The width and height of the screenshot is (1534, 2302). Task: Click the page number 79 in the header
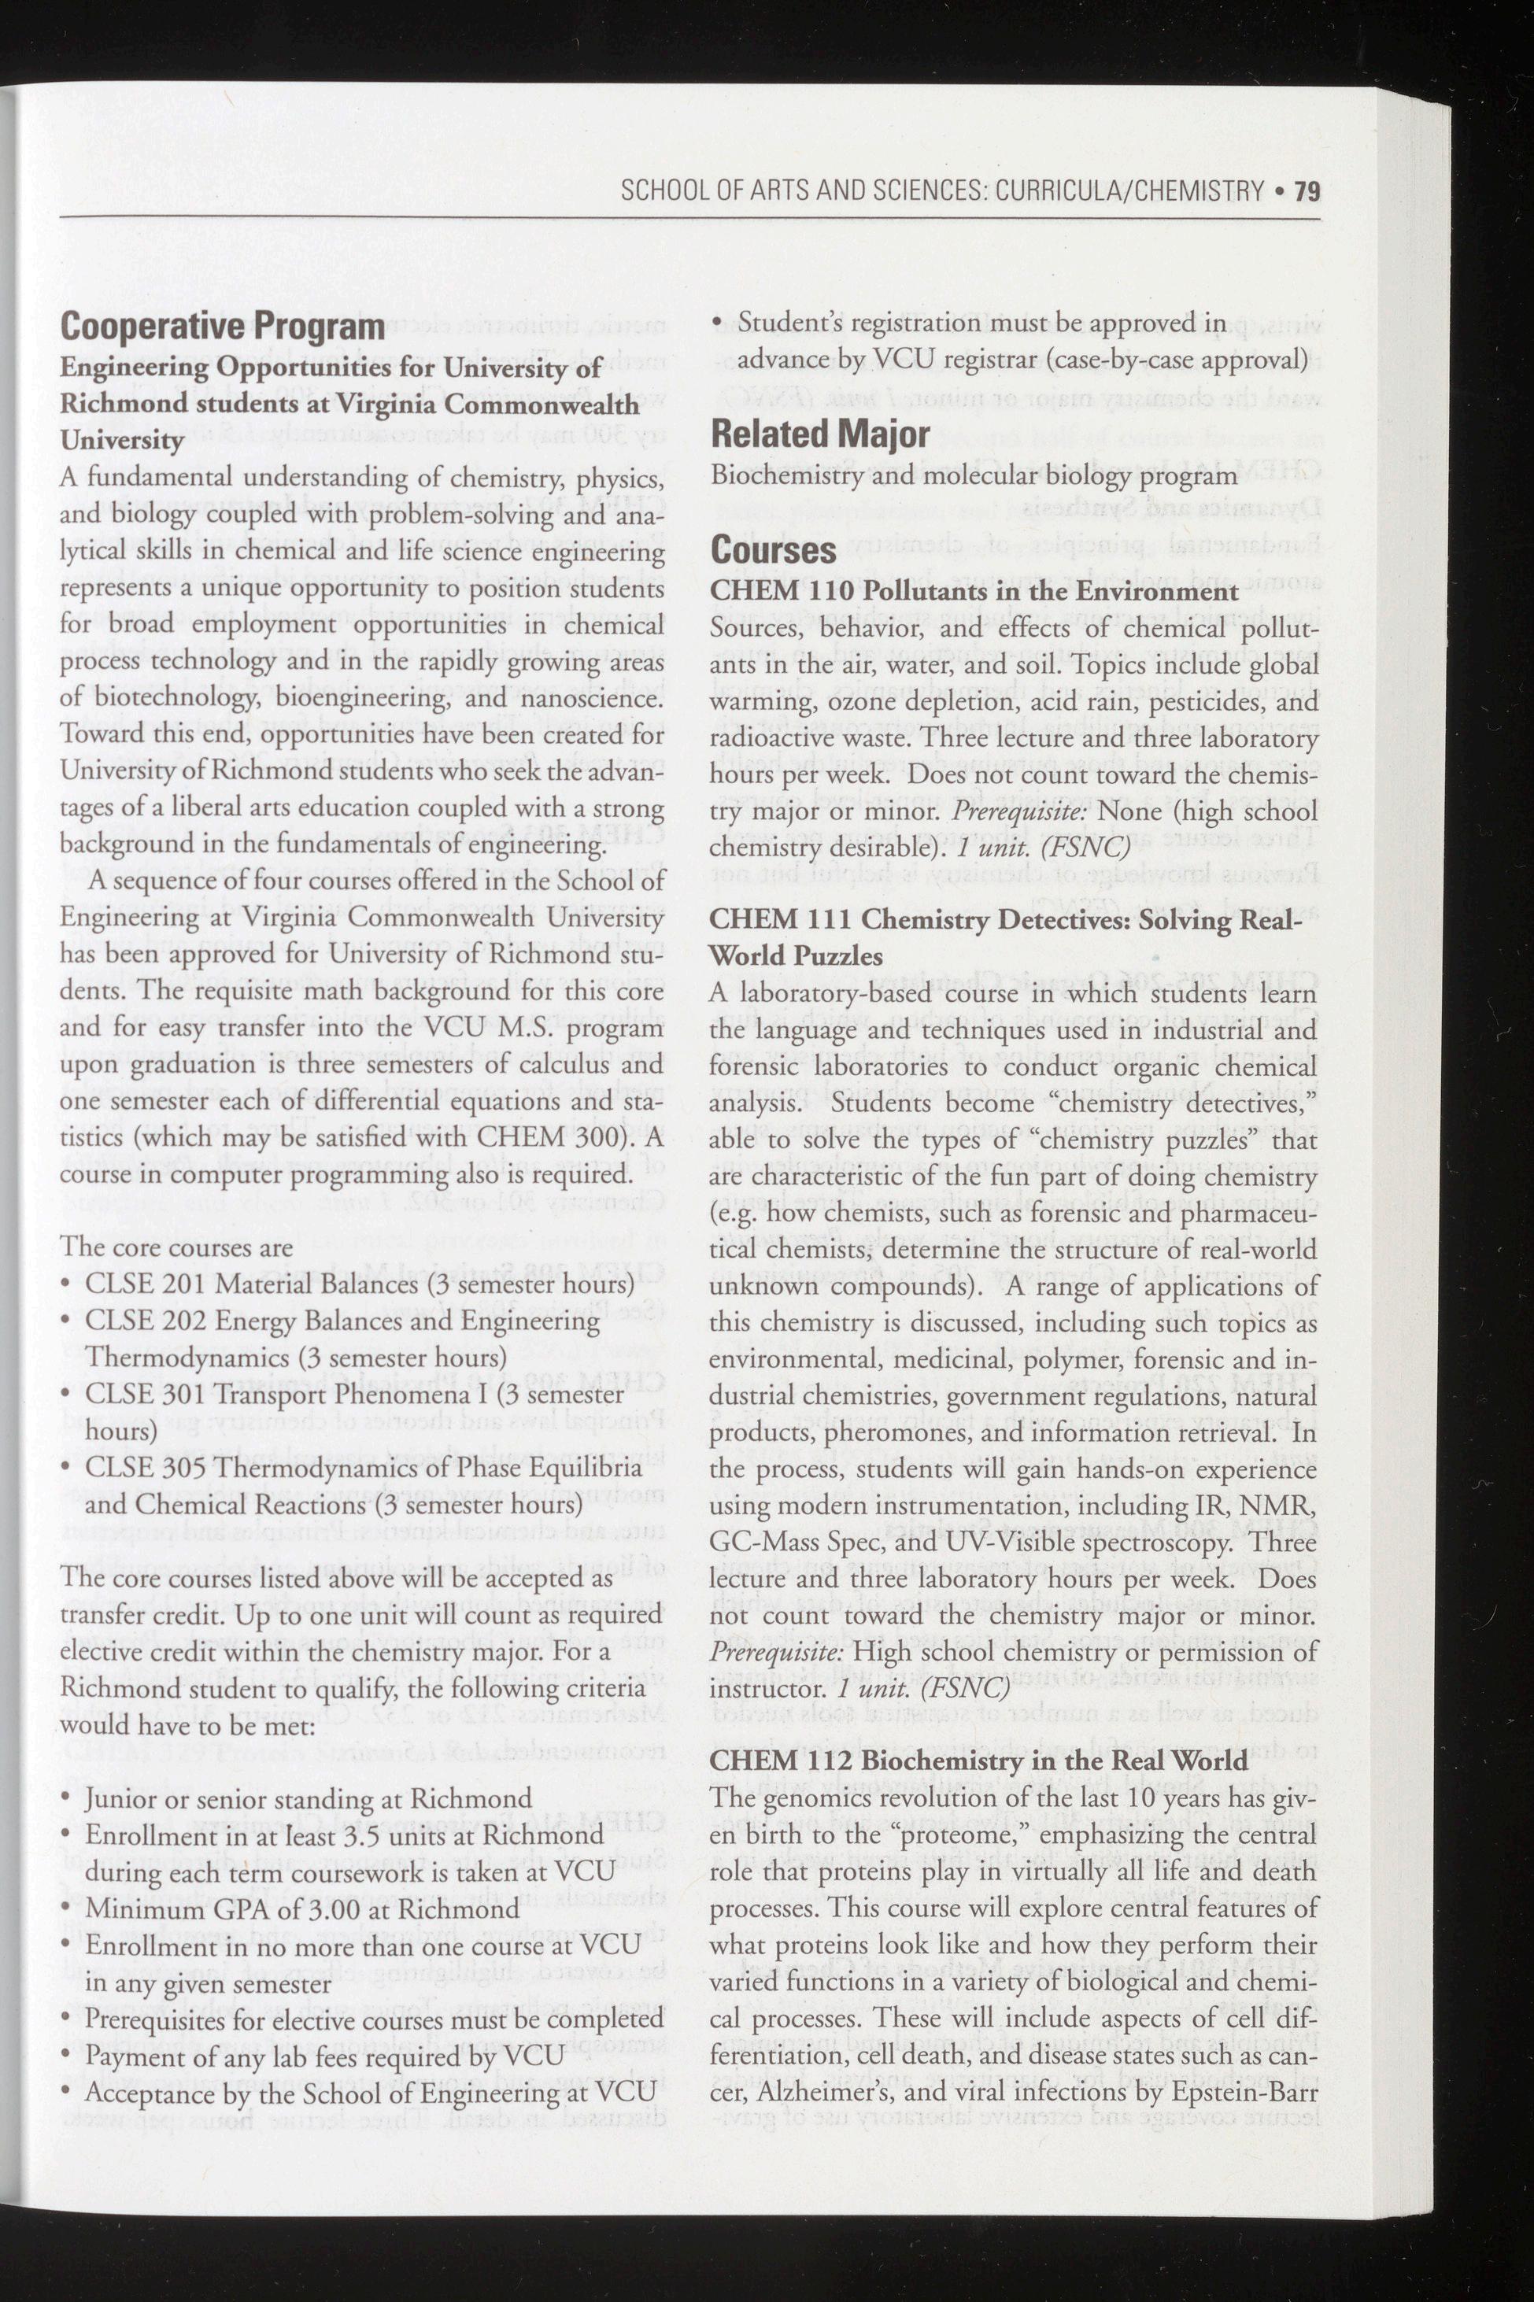point(1307,190)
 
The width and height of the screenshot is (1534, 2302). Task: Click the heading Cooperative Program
point(222,327)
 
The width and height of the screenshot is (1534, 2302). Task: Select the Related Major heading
point(820,434)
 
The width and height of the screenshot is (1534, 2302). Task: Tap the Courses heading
point(773,551)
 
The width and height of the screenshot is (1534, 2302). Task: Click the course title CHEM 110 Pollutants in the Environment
point(974,592)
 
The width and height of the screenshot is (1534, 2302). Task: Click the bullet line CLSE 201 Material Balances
point(359,1284)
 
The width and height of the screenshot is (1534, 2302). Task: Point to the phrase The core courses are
point(176,1247)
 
